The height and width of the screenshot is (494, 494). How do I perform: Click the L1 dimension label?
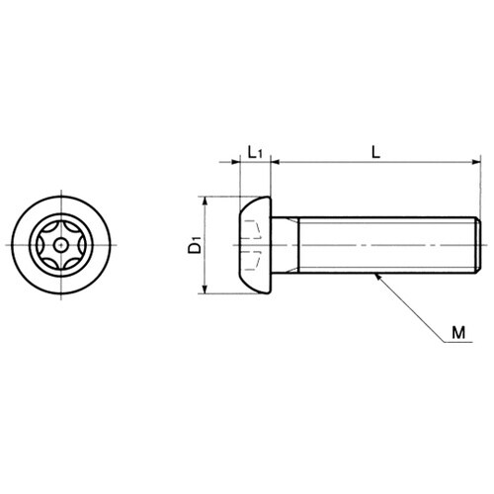coord(255,152)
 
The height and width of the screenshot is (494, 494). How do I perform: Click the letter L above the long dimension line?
coord(375,152)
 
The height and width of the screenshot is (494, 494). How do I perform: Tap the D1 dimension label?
coord(195,245)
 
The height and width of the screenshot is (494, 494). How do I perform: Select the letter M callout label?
coord(458,333)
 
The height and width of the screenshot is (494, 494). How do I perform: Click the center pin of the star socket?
coord(60,245)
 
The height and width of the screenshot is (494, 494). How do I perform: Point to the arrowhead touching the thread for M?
coord(378,277)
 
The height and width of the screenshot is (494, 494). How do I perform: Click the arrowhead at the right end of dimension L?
coord(476,162)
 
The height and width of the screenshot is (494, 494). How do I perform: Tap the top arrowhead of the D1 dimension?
coord(205,201)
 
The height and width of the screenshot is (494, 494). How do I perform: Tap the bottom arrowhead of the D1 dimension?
coord(205,289)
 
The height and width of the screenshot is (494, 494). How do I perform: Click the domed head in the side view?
coord(255,245)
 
